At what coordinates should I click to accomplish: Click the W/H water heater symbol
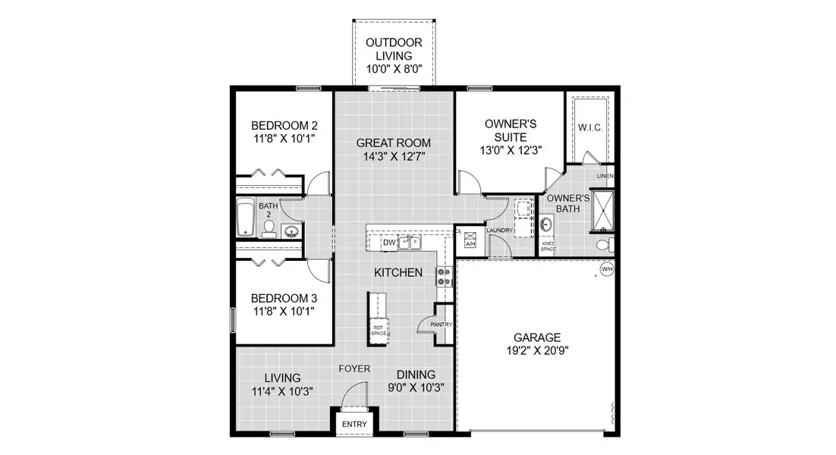click(x=606, y=269)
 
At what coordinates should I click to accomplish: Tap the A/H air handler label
click(x=469, y=244)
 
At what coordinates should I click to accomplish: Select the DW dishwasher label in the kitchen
click(x=388, y=243)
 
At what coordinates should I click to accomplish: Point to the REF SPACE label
click(x=379, y=330)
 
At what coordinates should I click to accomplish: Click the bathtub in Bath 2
click(x=245, y=218)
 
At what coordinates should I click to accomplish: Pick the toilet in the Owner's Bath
click(x=602, y=245)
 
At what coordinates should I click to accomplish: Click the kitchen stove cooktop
click(x=444, y=278)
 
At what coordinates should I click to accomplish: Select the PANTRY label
click(x=441, y=325)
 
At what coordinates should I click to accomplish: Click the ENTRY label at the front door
click(x=354, y=424)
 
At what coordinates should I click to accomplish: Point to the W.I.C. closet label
click(x=590, y=127)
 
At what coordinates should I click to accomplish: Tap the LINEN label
click(x=605, y=176)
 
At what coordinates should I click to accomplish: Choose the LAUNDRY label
click(x=500, y=231)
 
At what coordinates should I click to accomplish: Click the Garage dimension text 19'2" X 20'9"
click(x=537, y=351)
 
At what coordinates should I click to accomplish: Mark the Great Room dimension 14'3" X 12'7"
click(x=393, y=157)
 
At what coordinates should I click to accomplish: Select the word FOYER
click(x=354, y=369)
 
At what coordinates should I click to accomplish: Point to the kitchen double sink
click(x=410, y=243)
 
